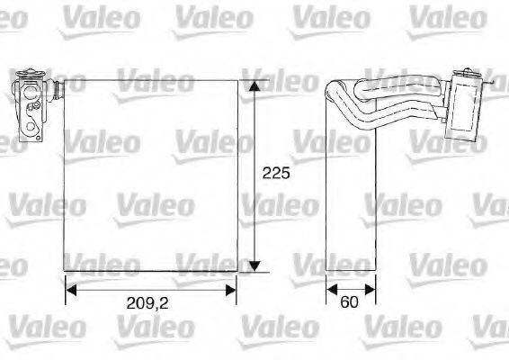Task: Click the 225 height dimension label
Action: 276,174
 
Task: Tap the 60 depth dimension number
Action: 350,304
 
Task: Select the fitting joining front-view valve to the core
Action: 55,89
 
